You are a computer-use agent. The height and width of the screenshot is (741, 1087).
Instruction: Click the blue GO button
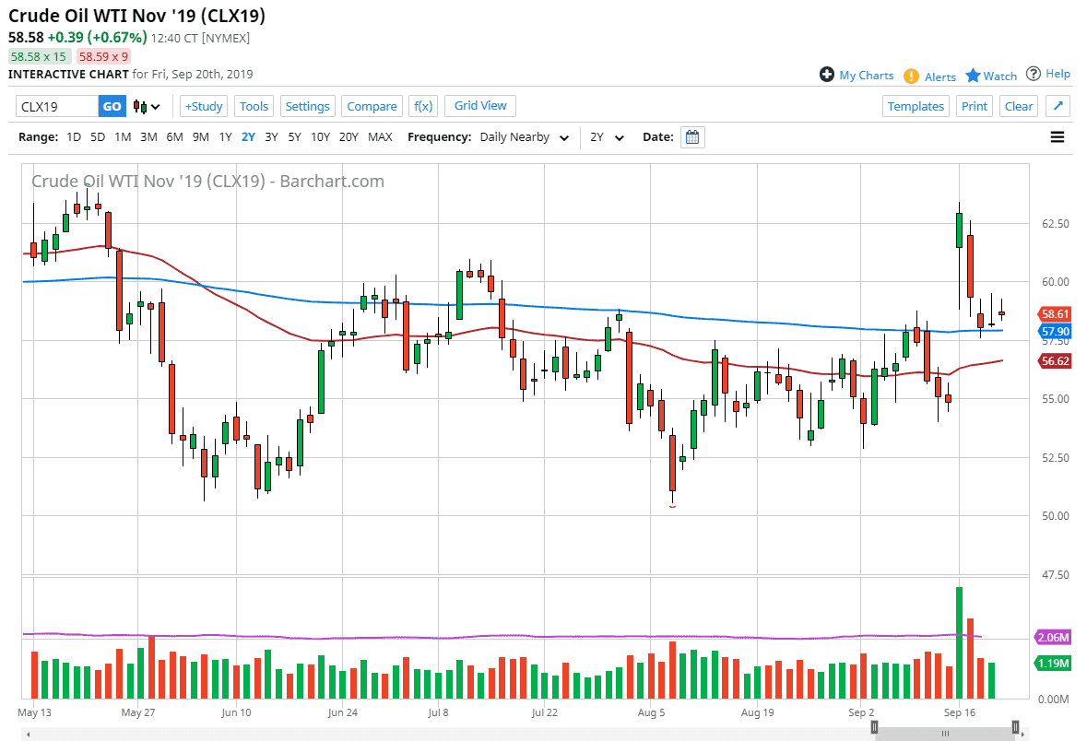tap(112, 106)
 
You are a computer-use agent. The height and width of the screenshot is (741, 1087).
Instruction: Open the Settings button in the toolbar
tap(307, 106)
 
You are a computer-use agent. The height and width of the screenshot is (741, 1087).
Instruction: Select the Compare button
tap(372, 106)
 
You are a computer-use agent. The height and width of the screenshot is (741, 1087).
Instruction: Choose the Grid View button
tap(480, 105)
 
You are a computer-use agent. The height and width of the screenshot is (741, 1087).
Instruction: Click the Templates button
tap(916, 106)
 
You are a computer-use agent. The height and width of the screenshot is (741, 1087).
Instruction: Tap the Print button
tap(975, 106)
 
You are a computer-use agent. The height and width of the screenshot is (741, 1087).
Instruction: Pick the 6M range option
tap(174, 137)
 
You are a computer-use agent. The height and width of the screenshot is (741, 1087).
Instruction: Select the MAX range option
tap(380, 137)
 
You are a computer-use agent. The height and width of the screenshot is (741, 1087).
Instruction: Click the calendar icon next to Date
tap(693, 137)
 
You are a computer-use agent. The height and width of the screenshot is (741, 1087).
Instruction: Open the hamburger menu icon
tap(1057, 137)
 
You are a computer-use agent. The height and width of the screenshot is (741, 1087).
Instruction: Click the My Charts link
tap(857, 76)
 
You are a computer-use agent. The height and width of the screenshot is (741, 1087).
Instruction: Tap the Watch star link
tap(991, 76)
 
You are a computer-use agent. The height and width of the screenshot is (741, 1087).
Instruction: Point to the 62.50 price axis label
tap(1055, 224)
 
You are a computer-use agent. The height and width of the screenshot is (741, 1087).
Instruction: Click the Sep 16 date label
tap(959, 712)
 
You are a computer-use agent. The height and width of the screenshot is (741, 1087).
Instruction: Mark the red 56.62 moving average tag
tap(1054, 362)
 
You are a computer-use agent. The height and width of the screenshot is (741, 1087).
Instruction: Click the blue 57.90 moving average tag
tap(1054, 331)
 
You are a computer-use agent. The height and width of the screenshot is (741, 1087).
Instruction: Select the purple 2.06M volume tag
tap(1054, 638)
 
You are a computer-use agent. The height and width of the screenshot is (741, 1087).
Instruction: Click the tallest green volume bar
tap(960, 642)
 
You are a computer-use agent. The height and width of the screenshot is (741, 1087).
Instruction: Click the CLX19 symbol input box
tap(57, 106)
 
